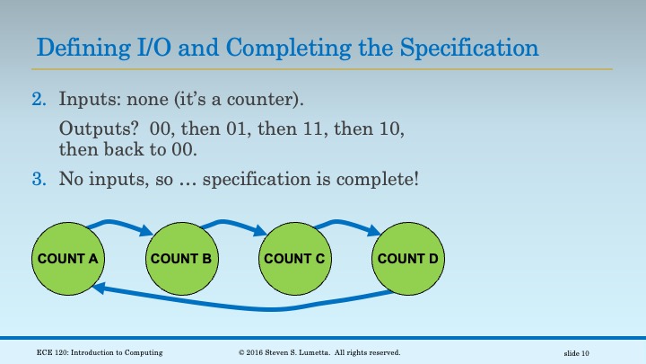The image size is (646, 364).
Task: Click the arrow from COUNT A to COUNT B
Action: click(121, 222)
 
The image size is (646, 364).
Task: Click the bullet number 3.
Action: click(39, 178)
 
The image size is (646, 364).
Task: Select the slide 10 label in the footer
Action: click(582, 352)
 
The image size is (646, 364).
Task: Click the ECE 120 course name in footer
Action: click(100, 352)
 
